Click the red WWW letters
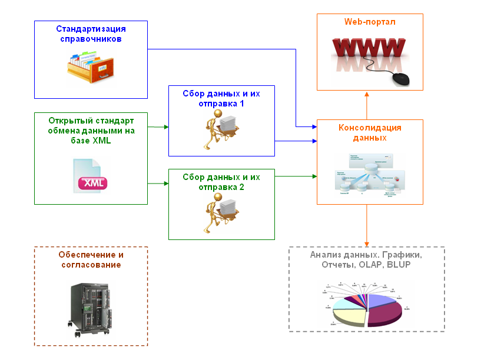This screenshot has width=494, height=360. click(x=369, y=48)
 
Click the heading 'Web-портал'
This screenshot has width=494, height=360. click(x=370, y=22)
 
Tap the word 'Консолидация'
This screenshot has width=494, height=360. click(x=370, y=128)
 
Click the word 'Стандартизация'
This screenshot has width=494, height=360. click(x=91, y=28)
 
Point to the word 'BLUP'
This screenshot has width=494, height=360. click(x=399, y=265)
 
